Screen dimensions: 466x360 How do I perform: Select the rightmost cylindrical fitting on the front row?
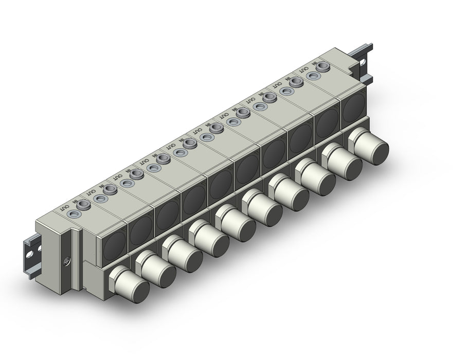click(x=368, y=146)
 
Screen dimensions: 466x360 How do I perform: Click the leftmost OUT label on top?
click(x=65, y=207)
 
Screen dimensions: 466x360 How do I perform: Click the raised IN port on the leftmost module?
click(x=83, y=205)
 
